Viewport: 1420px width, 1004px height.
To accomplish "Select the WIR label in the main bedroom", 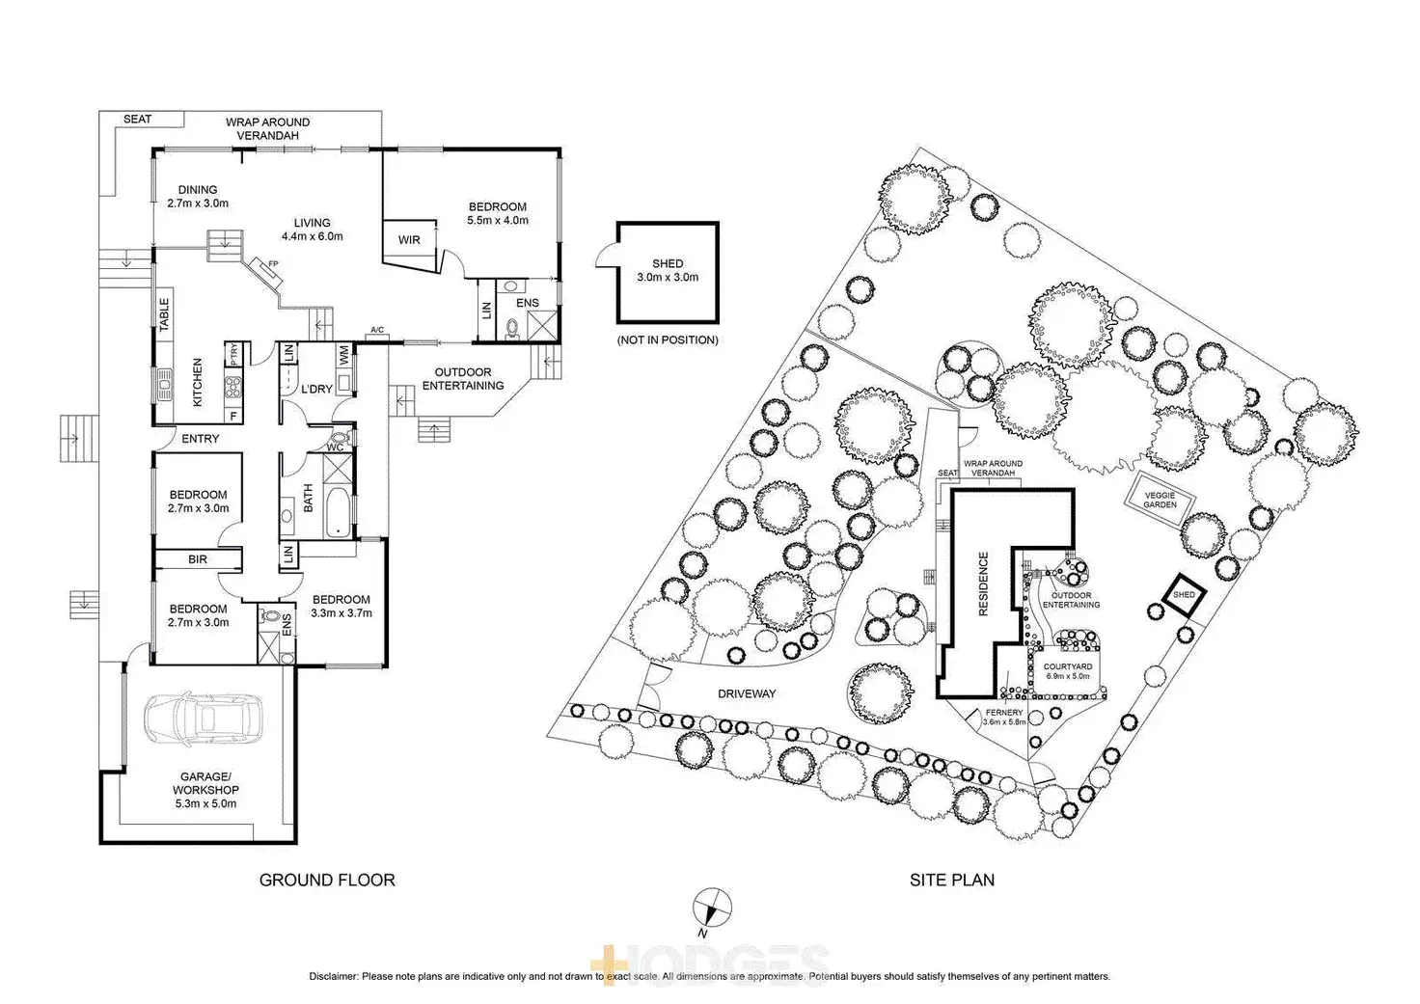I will tap(409, 240).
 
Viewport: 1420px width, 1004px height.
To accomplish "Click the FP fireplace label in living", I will tap(273, 263).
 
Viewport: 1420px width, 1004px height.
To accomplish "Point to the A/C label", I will tap(376, 331).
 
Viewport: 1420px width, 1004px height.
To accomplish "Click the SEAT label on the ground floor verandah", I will tap(137, 120).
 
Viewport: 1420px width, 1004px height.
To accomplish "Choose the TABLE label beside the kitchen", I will tap(164, 314).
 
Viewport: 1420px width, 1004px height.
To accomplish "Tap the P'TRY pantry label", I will tap(233, 354).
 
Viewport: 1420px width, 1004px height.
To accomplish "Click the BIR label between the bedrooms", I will tap(198, 559).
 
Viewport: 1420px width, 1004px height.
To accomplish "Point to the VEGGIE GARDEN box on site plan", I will tap(1161, 500).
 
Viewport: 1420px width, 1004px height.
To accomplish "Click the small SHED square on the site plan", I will tap(1184, 595).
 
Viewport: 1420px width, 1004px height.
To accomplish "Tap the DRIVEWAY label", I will tap(747, 693).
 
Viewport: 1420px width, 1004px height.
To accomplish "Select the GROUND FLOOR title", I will tap(327, 880).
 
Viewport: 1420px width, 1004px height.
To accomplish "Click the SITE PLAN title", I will tap(952, 880).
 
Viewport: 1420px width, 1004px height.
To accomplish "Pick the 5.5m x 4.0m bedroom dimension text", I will tap(498, 220).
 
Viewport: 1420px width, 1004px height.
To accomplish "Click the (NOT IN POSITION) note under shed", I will tap(668, 340).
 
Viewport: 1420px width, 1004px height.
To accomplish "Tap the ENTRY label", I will tap(201, 439).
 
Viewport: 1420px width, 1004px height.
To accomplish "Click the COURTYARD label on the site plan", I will tap(1068, 666).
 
